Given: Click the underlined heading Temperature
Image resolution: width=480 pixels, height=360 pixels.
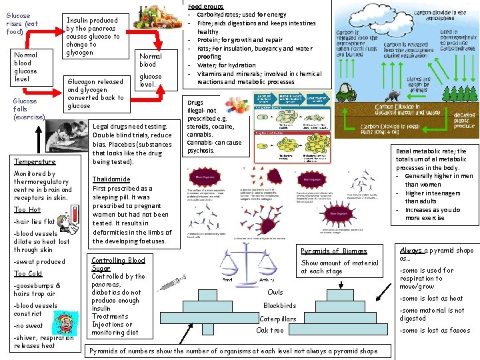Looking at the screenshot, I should [x=35, y=161].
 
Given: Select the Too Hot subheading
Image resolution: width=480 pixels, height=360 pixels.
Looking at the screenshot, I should [x=27, y=209].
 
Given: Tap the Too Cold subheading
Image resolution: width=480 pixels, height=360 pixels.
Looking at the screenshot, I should [x=28, y=273].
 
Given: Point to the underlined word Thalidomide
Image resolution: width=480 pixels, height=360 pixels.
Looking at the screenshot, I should [x=111, y=179].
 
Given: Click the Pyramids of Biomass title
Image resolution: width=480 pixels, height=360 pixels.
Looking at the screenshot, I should [x=333, y=251].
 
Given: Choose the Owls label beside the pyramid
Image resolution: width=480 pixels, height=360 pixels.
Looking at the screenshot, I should [x=275, y=292].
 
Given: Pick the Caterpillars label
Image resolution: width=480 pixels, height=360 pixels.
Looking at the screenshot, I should [x=277, y=319].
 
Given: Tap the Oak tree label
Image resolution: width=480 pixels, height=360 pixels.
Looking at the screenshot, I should [x=270, y=330].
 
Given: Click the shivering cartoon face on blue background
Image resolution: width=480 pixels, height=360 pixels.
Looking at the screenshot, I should [x=65, y=325].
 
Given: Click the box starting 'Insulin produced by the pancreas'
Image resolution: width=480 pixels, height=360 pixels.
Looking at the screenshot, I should [x=93, y=37].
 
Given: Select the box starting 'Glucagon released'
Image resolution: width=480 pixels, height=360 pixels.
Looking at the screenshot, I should [x=95, y=93].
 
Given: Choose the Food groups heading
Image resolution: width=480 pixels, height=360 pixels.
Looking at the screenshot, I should [x=207, y=7].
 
